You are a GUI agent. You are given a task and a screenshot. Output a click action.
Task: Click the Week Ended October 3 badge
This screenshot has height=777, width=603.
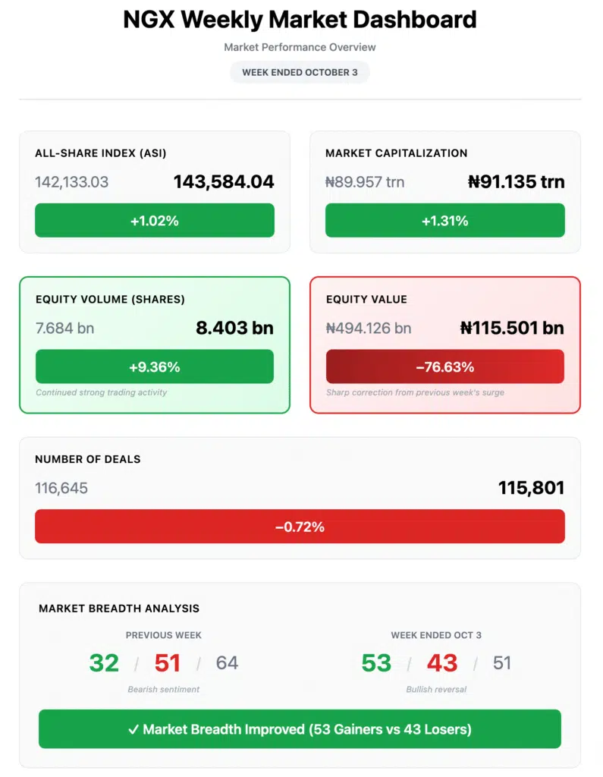(300, 72)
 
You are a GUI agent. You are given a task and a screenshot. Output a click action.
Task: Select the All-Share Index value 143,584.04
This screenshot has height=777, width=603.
(224, 182)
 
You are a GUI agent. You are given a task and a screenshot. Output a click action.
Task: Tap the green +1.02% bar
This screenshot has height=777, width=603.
(154, 221)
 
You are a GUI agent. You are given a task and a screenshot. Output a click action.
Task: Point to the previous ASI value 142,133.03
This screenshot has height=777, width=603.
(71, 182)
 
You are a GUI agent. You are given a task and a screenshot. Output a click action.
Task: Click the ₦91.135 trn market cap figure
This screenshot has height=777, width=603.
(516, 182)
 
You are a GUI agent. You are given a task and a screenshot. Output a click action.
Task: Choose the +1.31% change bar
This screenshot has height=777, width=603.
(444, 221)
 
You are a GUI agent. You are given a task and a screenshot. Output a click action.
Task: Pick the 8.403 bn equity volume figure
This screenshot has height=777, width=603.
(234, 328)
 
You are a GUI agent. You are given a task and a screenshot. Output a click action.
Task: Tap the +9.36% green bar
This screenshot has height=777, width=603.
(154, 367)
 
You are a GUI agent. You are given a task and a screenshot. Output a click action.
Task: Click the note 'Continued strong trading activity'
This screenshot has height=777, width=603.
(102, 392)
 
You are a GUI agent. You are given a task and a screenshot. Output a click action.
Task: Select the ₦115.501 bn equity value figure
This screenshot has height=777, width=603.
(512, 328)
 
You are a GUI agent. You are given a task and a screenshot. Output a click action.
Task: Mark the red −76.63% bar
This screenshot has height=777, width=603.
(444, 367)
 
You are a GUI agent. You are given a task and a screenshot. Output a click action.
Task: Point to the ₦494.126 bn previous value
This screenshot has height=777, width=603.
(368, 329)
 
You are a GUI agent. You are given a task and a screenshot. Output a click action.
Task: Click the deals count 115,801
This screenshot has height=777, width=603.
(531, 488)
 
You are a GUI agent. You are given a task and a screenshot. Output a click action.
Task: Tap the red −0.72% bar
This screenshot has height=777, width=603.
(300, 527)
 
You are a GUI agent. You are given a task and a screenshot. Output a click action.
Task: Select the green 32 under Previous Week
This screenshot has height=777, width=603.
(104, 663)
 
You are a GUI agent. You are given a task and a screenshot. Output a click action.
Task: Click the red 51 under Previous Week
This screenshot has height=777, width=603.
(167, 663)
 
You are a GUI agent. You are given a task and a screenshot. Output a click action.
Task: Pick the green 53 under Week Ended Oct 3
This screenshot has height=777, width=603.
(376, 663)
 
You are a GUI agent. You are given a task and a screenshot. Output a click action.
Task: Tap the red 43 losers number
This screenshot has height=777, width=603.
(441, 663)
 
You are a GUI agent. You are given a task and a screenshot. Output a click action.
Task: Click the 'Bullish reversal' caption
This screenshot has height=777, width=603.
(436, 690)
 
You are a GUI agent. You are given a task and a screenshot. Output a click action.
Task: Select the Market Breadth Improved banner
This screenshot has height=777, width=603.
(300, 729)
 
